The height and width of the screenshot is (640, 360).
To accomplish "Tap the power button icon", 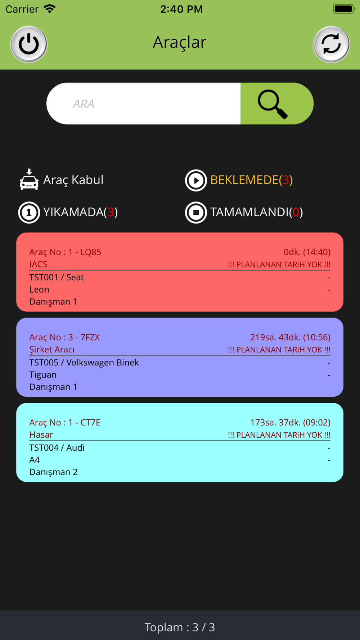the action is (29, 44).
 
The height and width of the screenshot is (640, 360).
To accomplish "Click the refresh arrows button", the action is (331, 44).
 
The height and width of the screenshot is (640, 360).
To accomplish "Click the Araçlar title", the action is (180, 42).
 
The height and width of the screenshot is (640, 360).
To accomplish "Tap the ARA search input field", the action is (144, 104).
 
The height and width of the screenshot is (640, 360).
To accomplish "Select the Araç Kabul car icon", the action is (29, 179).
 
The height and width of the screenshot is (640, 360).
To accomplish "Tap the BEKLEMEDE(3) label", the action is (251, 180).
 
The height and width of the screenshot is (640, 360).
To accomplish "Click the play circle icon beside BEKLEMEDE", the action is (196, 180).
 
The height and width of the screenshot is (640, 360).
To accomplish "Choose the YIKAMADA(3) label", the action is (80, 212).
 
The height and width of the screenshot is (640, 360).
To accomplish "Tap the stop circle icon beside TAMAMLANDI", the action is (196, 212).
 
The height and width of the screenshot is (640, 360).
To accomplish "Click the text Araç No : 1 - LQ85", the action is (65, 252).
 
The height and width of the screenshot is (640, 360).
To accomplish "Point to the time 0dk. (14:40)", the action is (307, 252).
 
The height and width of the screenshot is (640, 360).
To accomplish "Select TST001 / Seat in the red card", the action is (57, 277).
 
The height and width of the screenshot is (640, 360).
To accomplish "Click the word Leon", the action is (39, 289).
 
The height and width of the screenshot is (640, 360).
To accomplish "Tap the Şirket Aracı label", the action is (52, 350).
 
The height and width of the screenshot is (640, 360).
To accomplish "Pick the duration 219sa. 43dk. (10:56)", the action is (290, 337).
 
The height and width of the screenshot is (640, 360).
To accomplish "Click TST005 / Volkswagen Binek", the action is (84, 362).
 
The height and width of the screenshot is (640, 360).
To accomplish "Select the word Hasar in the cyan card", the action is (41, 434).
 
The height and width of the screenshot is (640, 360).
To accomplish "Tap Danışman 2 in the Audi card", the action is (53, 472).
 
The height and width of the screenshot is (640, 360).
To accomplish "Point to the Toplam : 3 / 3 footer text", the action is (180, 627).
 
